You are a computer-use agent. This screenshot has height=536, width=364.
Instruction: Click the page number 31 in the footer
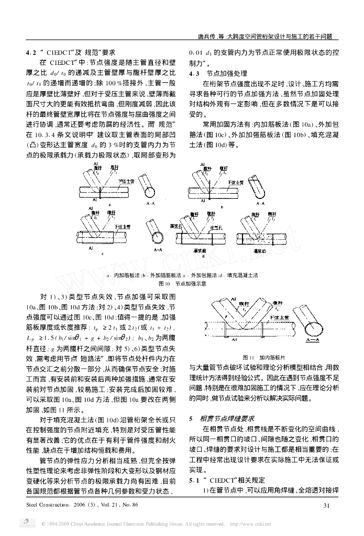(x=326, y=505)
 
